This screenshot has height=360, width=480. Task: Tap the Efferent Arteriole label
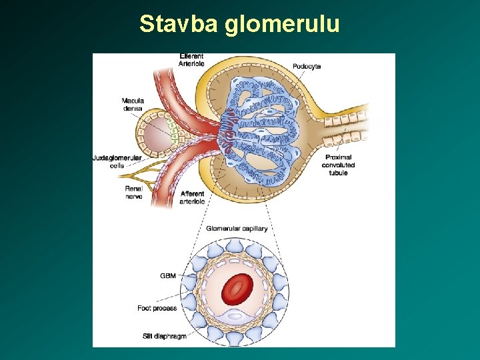point(191,60)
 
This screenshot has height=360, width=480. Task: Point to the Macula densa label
point(133,104)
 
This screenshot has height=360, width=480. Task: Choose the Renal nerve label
point(133,192)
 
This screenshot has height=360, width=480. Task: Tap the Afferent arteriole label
point(192,197)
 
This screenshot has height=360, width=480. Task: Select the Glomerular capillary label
point(237,229)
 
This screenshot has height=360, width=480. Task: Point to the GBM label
point(168,275)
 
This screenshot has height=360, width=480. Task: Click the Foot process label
point(157,308)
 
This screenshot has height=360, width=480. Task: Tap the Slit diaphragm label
point(165,336)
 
